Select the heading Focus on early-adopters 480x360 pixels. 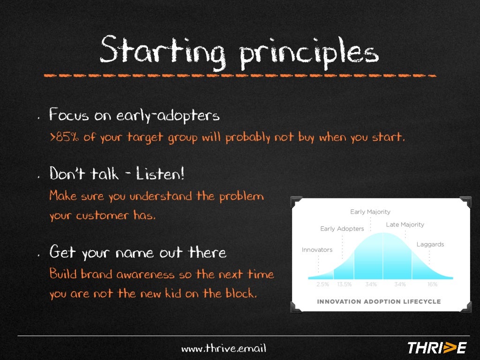(134, 115)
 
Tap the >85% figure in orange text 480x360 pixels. (64, 138)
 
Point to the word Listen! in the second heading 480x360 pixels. (160, 174)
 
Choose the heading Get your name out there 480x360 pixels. (138, 253)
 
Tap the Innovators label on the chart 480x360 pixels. (317, 250)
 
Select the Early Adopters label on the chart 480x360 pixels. (342, 229)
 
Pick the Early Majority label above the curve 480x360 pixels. (370, 212)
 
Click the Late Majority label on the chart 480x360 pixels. (405, 225)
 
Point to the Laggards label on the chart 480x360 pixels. (430, 244)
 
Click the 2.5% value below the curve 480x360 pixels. (322, 285)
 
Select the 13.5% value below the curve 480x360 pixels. (344, 285)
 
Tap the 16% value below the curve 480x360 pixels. (432, 285)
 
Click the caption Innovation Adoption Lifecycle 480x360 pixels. (379, 301)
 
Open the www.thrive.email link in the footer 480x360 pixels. (224, 348)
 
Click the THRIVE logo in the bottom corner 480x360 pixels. (436, 347)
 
